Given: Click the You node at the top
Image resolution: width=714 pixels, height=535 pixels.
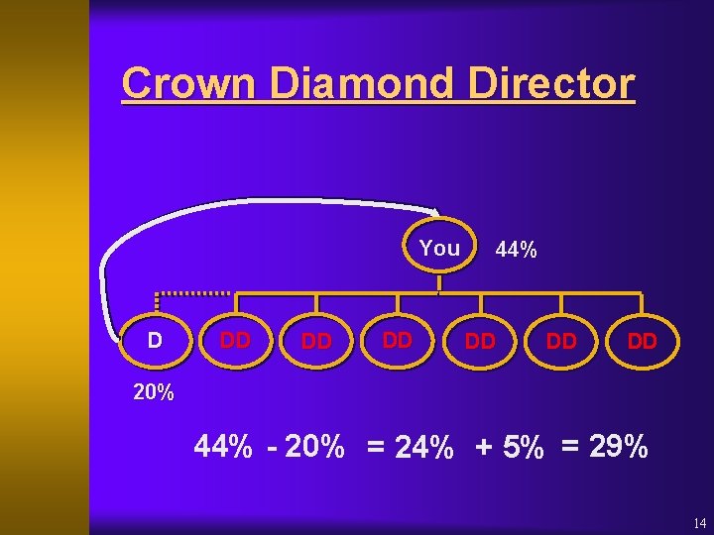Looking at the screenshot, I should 439,248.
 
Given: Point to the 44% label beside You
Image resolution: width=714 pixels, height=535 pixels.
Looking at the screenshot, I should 516,251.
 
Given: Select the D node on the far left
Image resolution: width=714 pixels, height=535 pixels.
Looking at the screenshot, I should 155,341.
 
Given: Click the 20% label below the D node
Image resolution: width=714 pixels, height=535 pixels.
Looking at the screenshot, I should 154,392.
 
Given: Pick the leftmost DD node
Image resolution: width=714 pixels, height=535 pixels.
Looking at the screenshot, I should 235,341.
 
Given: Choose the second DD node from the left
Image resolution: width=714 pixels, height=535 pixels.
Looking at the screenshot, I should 316,342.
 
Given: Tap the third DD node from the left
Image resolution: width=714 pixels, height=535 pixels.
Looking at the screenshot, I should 398,341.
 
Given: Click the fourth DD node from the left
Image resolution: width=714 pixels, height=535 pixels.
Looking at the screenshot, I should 480,342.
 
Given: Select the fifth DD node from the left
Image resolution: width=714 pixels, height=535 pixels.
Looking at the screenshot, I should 561,342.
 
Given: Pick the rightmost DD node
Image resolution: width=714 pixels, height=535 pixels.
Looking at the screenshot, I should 643,342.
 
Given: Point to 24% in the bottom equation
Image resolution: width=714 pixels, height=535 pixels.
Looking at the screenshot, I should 424,449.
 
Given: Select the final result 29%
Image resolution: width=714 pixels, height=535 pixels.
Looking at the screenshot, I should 620,448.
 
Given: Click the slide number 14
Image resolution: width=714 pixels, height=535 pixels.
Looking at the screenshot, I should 699,522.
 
